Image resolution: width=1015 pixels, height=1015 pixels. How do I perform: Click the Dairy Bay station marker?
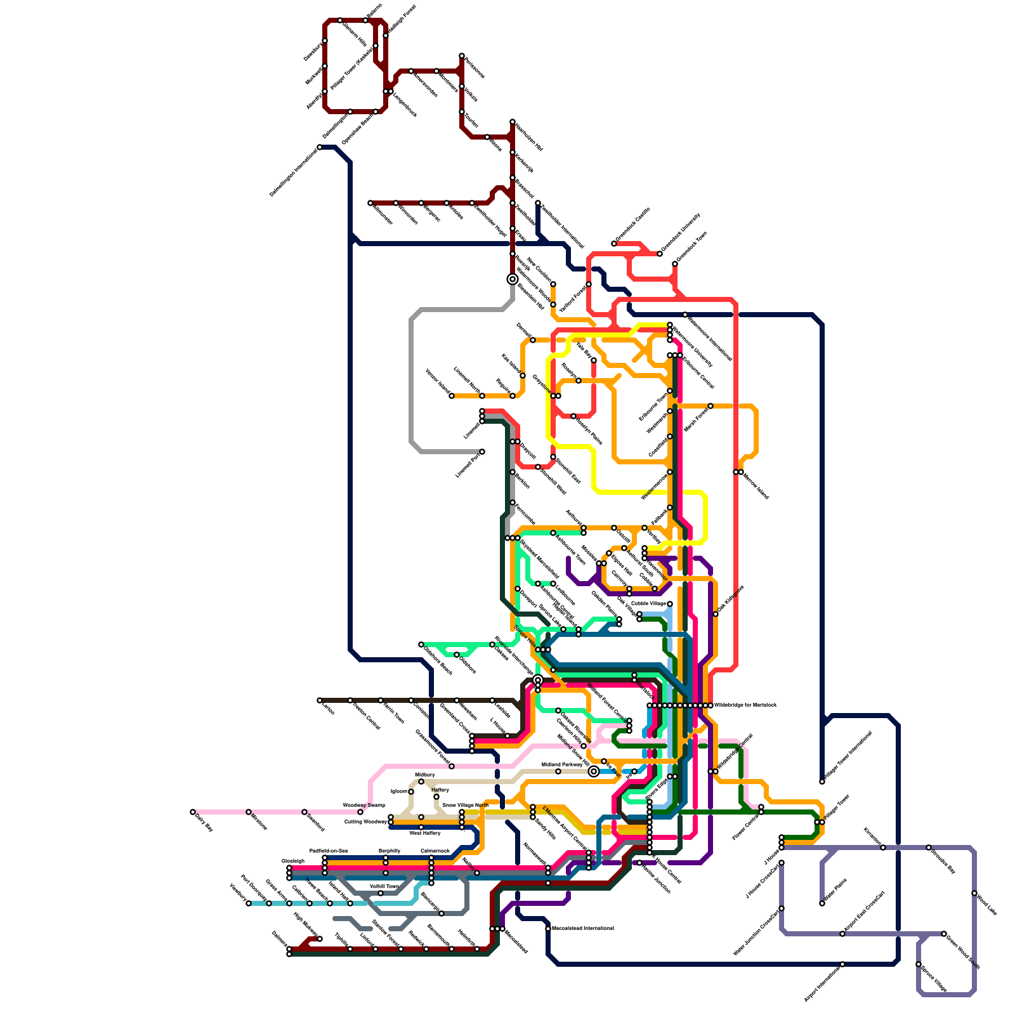(x=193, y=812)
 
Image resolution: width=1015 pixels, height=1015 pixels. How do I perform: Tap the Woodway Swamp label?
(x=363, y=805)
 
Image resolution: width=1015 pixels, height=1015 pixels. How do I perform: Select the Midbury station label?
(x=424, y=775)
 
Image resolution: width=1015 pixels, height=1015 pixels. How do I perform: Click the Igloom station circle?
(x=411, y=792)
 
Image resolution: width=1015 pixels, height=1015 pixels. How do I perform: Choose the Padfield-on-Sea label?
(x=328, y=851)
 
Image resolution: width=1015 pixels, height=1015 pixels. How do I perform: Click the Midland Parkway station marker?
(x=558, y=771)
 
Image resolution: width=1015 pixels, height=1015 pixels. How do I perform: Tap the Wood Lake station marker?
(x=974, y=893)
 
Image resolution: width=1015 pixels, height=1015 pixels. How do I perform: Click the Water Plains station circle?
(x=822, y=903)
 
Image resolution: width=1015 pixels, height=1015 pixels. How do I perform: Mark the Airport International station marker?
(x=842, y=964)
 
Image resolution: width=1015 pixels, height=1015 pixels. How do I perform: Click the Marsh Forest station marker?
(x=710, y=406)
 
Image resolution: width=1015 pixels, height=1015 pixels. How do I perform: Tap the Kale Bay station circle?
(x=594, y=360)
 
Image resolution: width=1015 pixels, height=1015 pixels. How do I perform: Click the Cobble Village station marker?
(x=670, y=604)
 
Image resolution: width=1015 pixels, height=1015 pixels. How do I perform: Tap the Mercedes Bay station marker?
(x=929, y=848)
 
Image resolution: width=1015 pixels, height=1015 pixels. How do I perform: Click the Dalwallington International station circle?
(x=320, y=147)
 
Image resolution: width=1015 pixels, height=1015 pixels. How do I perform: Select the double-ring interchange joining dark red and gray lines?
(x=513, y=279)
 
